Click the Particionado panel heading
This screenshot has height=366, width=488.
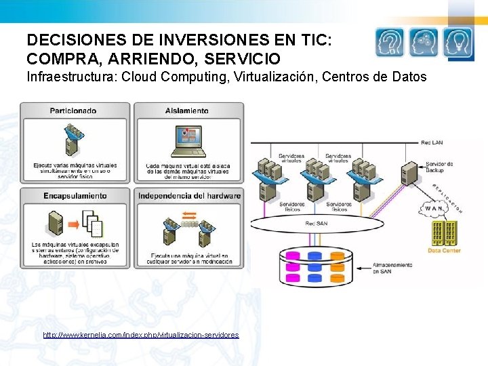pos(73,110)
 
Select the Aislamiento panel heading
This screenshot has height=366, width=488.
pos(186,110)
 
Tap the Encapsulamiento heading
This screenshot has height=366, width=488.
pos(75,196)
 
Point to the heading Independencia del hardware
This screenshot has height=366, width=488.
pos(189,196)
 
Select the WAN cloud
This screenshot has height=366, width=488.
pos(433,208)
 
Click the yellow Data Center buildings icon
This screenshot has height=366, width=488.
pos(444,234)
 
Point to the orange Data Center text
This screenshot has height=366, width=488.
pos(444,251)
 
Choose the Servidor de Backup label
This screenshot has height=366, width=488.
pos(439,166)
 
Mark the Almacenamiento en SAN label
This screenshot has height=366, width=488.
pos(391,268)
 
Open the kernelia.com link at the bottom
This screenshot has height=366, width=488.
pos(140,335)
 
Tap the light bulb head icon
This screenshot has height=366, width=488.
pos(458,42)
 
